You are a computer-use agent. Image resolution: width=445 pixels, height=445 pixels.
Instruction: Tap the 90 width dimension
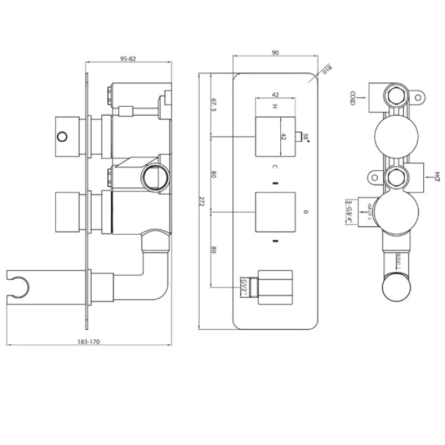coord(275,52)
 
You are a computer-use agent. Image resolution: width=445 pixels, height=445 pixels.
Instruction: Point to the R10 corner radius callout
coord(327,71)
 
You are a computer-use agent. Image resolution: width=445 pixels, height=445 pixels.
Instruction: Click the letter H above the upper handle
coord(274,107)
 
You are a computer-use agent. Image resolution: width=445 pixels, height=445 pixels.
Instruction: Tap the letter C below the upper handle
coord(274,167)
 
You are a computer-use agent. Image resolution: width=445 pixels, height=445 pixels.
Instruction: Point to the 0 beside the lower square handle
coord(306,212)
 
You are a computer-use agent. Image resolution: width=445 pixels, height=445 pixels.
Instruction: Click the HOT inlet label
coord(437,177)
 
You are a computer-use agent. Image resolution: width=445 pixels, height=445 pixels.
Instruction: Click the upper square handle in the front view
coord(274,137)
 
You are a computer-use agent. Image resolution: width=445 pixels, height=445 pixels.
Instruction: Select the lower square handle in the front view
coord(274,212)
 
